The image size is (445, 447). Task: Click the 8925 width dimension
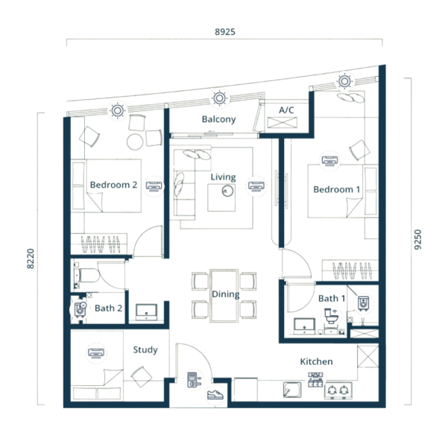(225, 31)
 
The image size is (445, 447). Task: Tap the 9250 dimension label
(417, 239)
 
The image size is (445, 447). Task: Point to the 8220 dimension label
(31, 259)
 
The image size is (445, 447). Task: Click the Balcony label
(219, 119)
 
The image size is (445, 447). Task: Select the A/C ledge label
(286, 110)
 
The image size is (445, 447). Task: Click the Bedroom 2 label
(113, 185)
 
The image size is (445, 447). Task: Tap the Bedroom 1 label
(337, 189)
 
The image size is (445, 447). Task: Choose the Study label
(145, 350)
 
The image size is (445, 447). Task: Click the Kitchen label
(316, 361)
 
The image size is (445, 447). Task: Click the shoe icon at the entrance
(215, 395)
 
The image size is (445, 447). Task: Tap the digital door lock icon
(194, 380)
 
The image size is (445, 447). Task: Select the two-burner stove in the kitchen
(338, 390)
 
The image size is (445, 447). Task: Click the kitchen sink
(292, 390)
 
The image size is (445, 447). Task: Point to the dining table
(224, 296)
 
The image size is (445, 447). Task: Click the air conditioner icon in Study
(96, 353)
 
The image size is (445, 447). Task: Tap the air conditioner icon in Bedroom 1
(329, 161)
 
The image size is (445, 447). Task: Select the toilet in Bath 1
(331, 315)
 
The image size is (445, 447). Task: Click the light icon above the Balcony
(219, 98)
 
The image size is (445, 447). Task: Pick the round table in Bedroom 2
(135, 142)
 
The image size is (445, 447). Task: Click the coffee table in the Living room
(221, 197)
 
